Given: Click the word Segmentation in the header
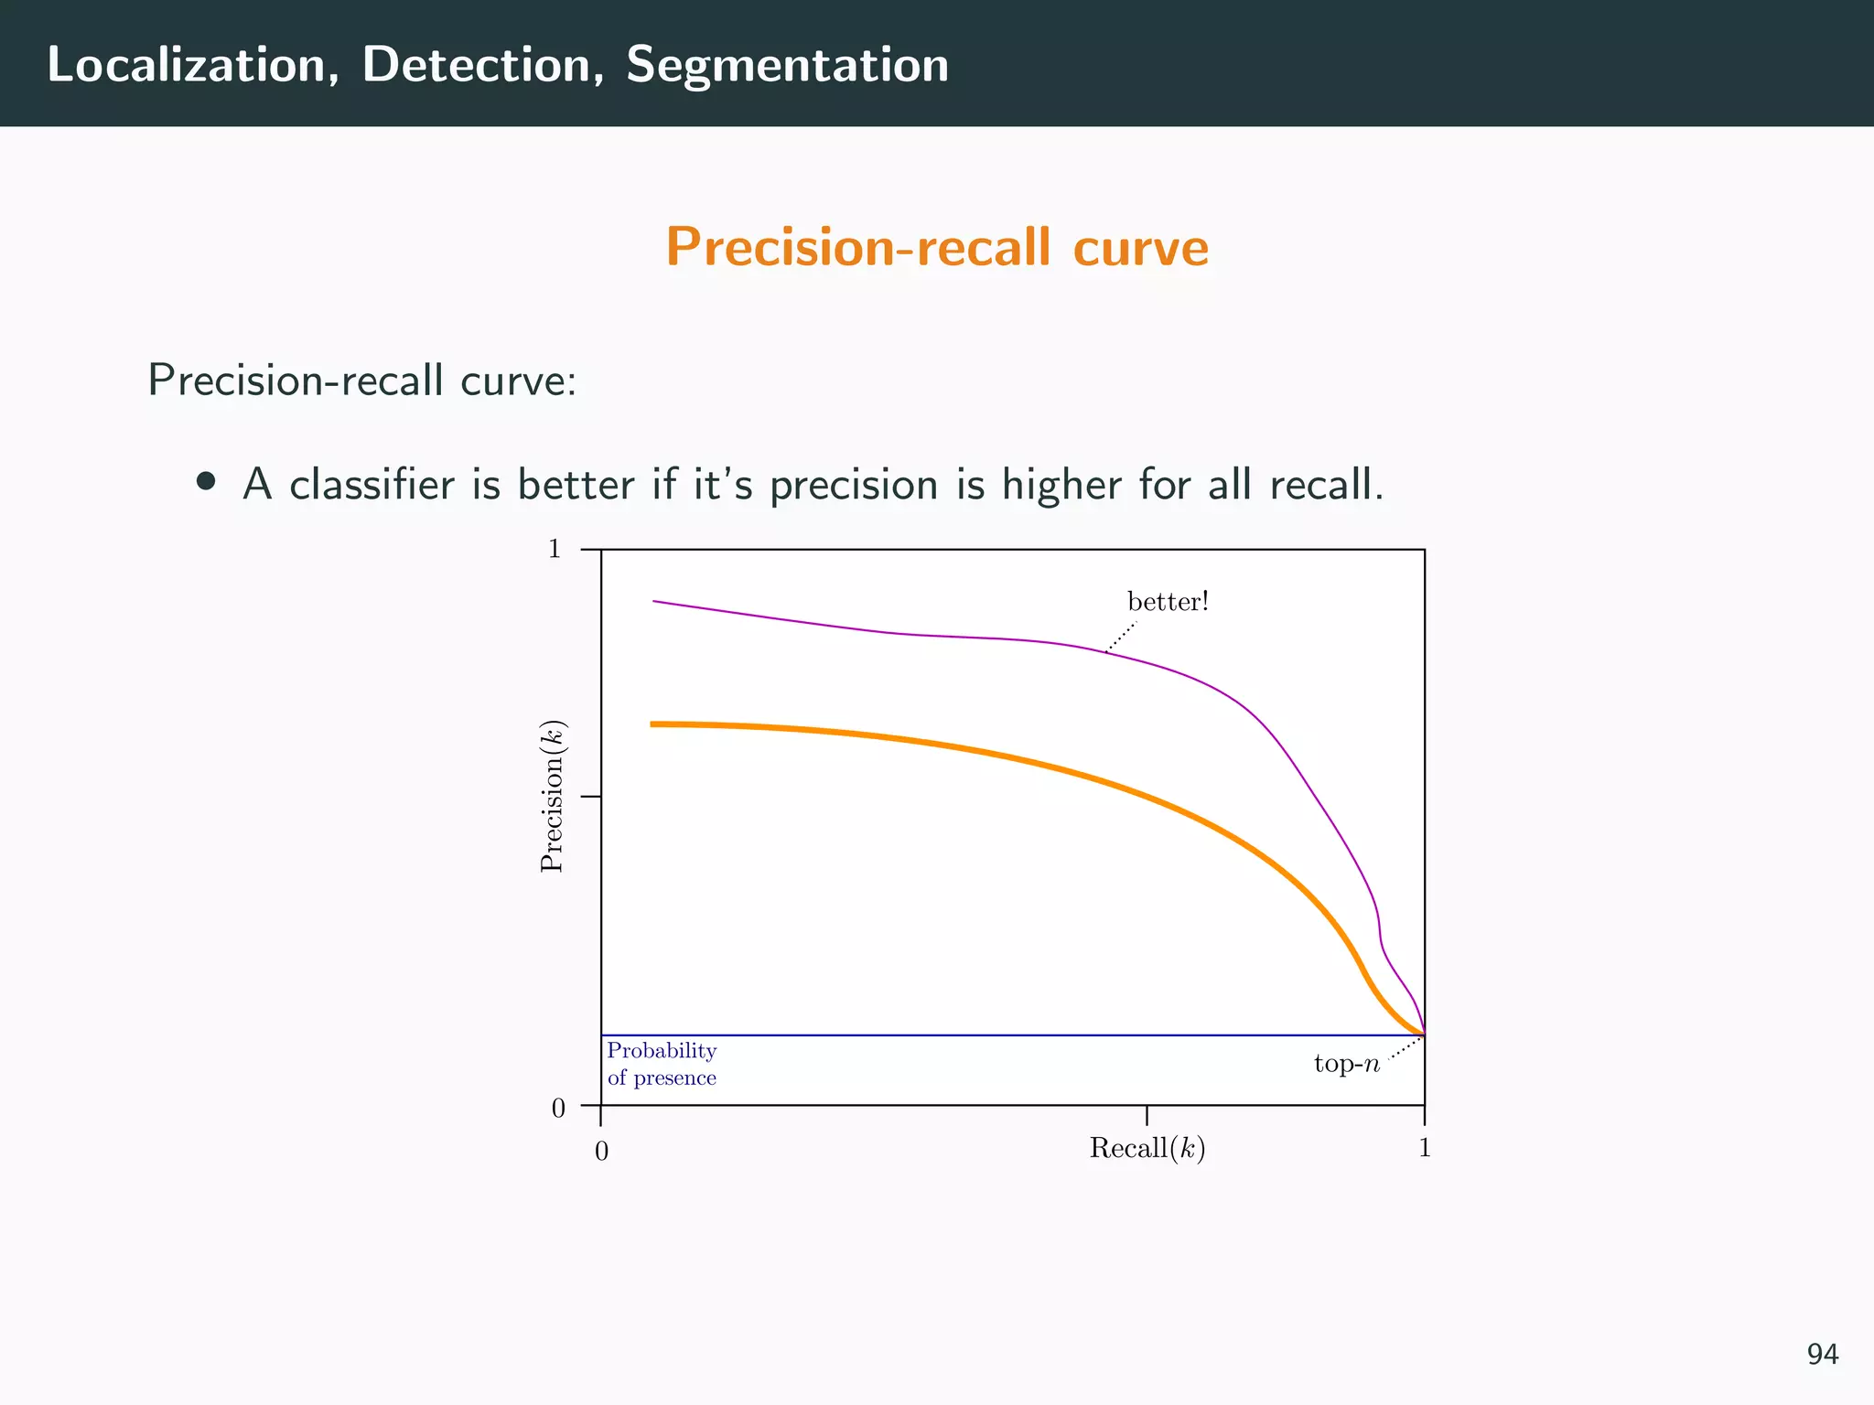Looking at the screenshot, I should [x=787, y=66].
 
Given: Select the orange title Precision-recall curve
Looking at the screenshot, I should [x=937, y=248].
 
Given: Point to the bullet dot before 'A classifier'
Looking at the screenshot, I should [x=206, y=482].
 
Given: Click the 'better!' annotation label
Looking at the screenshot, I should [x=1168, y=602].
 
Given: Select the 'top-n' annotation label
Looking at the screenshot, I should [x=1346, y=1064].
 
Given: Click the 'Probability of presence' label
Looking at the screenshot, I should [x=662, y=1064].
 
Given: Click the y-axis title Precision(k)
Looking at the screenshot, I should [x=553, y=797].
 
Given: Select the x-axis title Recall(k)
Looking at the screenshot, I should [x=1147, y=1148].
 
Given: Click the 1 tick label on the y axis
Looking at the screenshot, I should [x=554, y=549].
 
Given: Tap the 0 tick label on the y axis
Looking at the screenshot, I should [x=558, y=1109].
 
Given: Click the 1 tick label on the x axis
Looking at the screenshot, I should [x=1424, y=1148].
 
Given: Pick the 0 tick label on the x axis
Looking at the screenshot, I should [x=601, y=1152].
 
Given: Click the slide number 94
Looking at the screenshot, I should [x=1822, y=1354].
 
